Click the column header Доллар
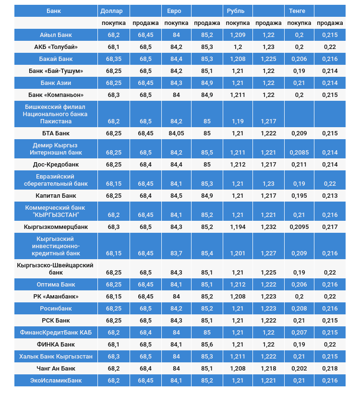pyautogui.click(x=111, y=11)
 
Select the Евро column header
pyautogui.click(x=174, y=11)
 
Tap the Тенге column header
pyautogui.click(x=297, y=11)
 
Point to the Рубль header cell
pyautogui.click(x=235, y=11)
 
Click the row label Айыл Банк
pyautogui.click(x=56, y=35)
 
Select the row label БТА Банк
pyautogui.click(x=56, y=133)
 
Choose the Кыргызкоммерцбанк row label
pyautogui.click(x=56, y=227)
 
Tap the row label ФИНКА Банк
pyautogui.click(x=56, y=344)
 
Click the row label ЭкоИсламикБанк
pyautogui.click(x=56, y=380)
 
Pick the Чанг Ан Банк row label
pyautogui.click(x=56, y=368)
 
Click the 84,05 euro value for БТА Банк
pyautogui.click(x=176, y=133)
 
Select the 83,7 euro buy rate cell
pyautogui.click(x=176, y=253)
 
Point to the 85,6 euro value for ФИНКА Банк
pyautogui.click(x=207, y=344)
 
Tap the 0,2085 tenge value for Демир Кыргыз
pyautogui.click(x=299, y=153)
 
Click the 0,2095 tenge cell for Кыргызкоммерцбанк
pyautogui.click(x=299, y=227)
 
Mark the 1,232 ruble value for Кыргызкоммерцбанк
pyautogui.click(x=268, y=227)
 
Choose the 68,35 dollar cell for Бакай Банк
pyautogui.click(x=114, y=59)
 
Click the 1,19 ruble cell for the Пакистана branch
pyautogui.click(x=238, y=121)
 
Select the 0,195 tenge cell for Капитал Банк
pyautogui.click(x=299, y=195)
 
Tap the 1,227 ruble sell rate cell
pyautogui.click(x=268, y=253)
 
